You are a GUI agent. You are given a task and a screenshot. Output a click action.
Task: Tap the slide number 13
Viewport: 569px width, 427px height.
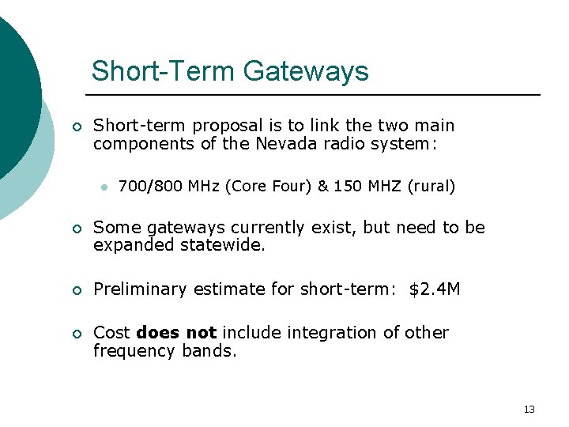pos(529,409)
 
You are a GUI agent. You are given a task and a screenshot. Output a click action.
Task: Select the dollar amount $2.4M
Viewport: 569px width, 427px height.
pos(435,289)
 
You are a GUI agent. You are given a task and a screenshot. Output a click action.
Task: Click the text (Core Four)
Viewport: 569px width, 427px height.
pos(269,187)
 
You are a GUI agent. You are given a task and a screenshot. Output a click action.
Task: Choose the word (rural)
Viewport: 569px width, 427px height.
pos(431,187)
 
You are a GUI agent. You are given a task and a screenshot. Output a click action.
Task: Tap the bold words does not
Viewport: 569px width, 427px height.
pos(176,333)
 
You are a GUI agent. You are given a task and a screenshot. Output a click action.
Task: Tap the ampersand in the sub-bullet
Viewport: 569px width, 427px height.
pos(323,187)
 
